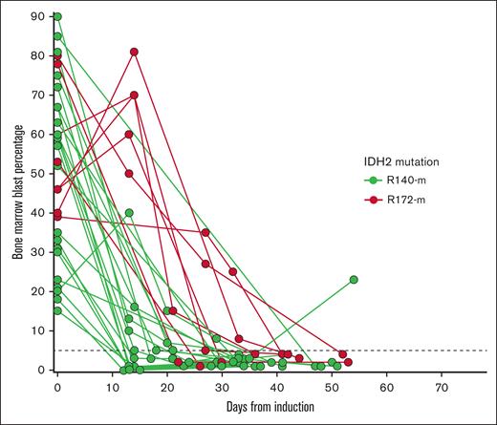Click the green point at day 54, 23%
354,280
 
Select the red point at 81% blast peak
134,52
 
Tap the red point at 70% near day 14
134,96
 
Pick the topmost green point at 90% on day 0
57,17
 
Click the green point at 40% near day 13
129,213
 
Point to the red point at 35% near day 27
205,232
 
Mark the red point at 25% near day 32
233,272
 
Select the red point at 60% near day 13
129,134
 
